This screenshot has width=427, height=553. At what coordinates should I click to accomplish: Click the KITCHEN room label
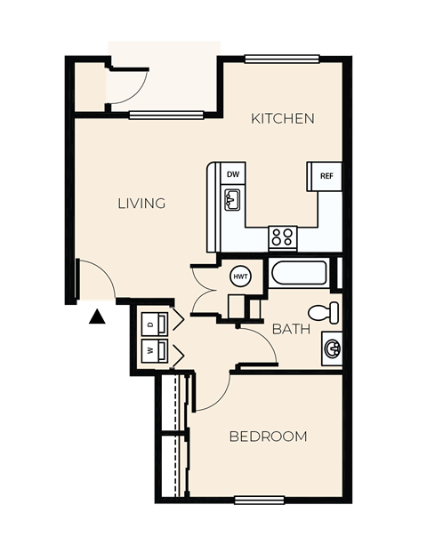(282, 118)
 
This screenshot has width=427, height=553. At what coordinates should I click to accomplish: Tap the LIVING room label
(141, 204)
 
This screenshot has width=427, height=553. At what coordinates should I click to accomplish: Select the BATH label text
(291, 329)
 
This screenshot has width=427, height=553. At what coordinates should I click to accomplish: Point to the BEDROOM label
(268, 437)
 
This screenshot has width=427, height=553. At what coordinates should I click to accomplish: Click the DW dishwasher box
(232, 174)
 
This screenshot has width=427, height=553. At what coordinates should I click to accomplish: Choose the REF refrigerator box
(326, 175)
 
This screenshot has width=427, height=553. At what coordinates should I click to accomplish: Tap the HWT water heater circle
(240, 276)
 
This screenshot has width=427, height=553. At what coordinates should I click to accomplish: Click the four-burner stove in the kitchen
(283, 237)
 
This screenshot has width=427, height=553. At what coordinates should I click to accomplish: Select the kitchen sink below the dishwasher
(231, 203)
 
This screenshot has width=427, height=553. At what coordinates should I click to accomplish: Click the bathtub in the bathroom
(300, 273)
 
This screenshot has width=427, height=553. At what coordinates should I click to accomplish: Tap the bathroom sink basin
(332, 349)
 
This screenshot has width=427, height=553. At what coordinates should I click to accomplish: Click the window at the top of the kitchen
(281, 60)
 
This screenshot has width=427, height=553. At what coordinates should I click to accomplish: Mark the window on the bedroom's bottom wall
(258, 500)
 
